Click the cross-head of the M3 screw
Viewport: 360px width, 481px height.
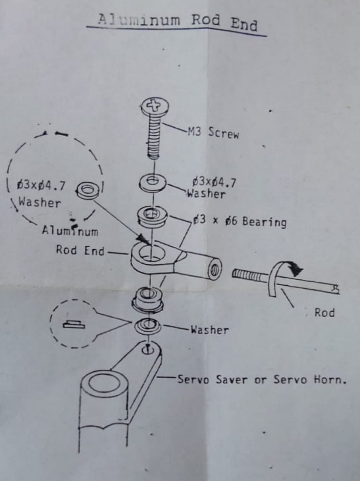click(154, 107)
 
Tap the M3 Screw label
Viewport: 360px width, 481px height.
click(213, 132)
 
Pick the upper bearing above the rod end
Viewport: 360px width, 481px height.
click(152, 216)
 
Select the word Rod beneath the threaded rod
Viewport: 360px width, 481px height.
click(324, 313)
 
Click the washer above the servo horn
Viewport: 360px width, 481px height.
click(148, 325)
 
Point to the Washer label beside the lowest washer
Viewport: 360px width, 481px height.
click(209, 330)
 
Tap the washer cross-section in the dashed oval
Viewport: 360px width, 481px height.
click(74, 324)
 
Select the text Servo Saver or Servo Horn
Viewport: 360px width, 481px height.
click(261, 380)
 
